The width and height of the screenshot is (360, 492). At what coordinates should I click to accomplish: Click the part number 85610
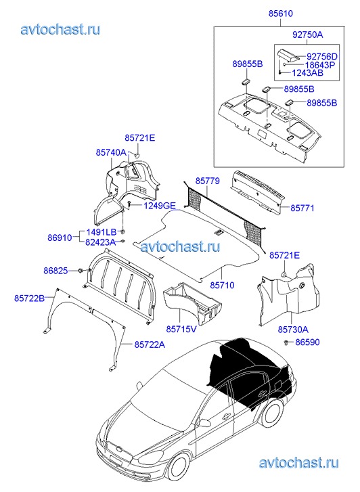[x=281, y=14]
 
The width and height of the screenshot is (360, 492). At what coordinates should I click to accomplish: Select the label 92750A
[x=307, y=35]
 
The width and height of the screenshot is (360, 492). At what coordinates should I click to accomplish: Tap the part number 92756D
[x=321, y=56]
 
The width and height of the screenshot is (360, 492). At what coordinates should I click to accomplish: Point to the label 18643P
[x=320, y=65]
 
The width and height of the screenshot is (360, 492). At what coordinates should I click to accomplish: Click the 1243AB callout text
[x=308, y=73]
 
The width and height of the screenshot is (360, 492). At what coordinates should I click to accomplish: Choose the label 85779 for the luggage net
[x=208, y=181]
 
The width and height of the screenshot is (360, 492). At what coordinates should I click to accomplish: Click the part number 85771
[x=302, y=208]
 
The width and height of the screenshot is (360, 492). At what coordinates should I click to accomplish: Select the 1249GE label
[x=160, y=206]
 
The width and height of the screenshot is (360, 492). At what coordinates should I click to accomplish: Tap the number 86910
[x=60, y=238]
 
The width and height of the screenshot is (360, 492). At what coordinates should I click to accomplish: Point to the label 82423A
[x=100, y=242]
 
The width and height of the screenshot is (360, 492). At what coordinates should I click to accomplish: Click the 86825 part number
[x=55, y=271]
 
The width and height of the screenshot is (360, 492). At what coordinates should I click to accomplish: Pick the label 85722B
[x=30, y=298]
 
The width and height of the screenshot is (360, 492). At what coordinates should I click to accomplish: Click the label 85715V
[x=181, y=329]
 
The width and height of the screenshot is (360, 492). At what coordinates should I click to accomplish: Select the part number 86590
[x=307, y=342]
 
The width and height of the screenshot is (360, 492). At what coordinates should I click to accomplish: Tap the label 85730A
[x=293, y=330]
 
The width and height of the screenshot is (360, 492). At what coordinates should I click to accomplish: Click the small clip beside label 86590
[x=286, y=342]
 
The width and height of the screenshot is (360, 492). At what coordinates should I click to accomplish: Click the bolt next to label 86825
[x=80, y=271]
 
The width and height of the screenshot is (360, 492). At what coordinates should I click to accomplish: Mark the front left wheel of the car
[x=179, y=468]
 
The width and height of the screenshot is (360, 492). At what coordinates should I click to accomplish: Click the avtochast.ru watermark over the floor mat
[x=180, y=246]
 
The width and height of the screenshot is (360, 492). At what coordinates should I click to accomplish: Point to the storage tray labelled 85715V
[x=192, y=303]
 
